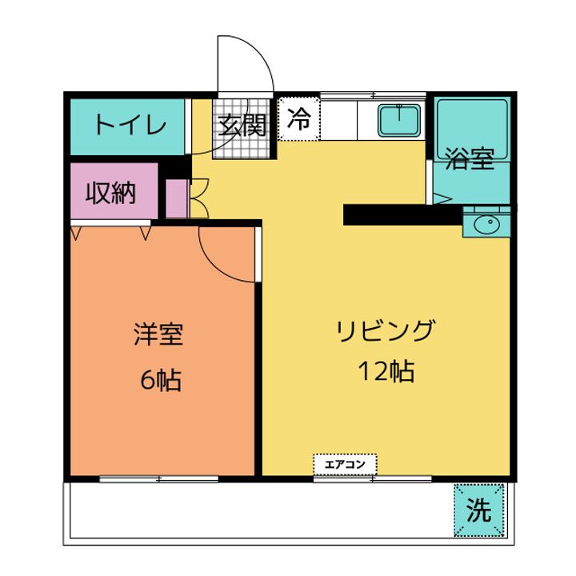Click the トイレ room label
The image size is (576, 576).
click(130, 126)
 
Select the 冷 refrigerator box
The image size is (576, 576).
click(298, 119)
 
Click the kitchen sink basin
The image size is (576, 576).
click(399, 121)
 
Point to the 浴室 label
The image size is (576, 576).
click(470, 159)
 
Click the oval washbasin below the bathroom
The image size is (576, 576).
click(485, 223)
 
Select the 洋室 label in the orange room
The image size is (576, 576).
click(158, 334)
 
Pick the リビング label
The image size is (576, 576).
click(386, 330)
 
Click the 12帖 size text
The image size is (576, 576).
click(386, 371)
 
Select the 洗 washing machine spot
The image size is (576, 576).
click(479, 510)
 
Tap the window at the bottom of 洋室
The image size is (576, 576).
click(159, 478)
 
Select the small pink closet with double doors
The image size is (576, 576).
click(177, 198)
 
